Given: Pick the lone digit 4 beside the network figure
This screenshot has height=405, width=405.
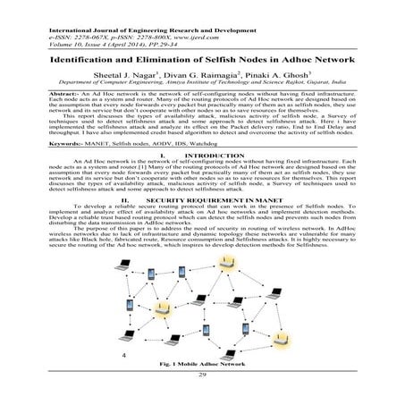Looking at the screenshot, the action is [124, 354].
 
